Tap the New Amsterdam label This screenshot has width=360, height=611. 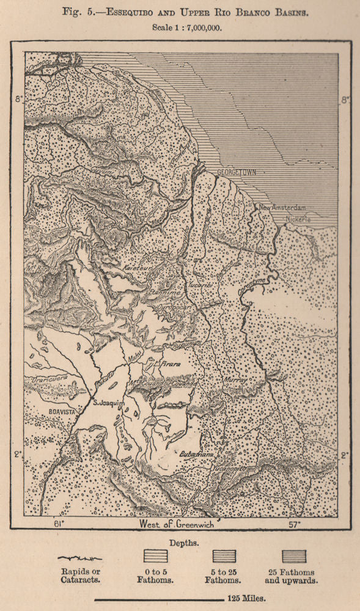click(x=282, y=208)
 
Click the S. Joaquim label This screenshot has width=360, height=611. click(x=108, y=403)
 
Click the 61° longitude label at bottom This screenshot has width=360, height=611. click(x=59, y=524)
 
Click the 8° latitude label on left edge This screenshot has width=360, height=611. click(x=18, y=100)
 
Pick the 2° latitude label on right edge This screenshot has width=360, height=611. click(x=344, y=455)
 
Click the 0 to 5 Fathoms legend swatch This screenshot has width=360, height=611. click(x=155, y=557)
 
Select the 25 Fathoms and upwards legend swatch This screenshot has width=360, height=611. click(x=295, y=557)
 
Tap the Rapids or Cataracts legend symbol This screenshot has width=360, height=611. click(x=79, y=558)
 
